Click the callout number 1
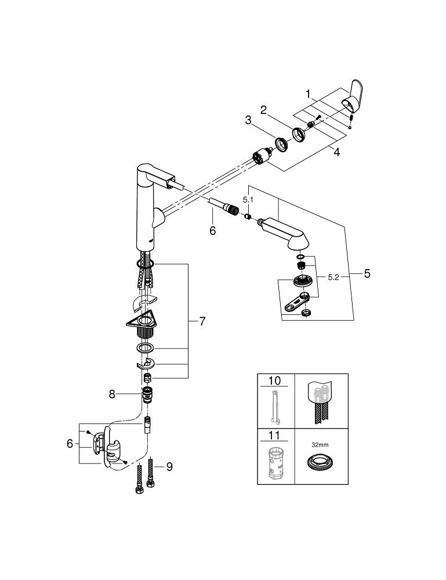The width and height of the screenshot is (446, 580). (x=309, y=93)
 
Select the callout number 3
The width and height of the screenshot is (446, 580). (x=248, y=121)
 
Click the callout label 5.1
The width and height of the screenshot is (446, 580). (x=248, y=198)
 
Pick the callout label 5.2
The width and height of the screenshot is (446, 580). (x=333, y=277)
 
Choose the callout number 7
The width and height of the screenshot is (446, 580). (x=202, y=321)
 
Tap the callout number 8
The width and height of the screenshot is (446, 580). (x=113, y=394)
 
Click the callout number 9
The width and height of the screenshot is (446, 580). (x=169, y=466)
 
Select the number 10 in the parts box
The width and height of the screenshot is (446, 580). (x=274, y=381)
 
